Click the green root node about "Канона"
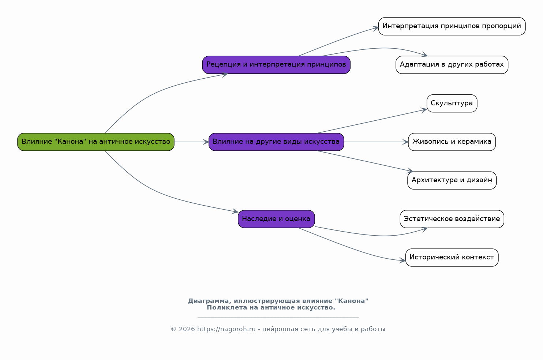pos(96,142)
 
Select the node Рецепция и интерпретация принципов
pos(276,65)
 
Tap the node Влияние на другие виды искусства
pos(276,142)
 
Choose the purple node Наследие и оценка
pos(276,219)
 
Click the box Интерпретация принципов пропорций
pos(452,26)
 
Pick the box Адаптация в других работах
pos(452,65)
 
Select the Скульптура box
pos(452,103)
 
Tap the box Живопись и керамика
pos(452,142)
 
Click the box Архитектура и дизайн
pos(452,180)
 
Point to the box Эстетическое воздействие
pos(452,219)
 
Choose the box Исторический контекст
pos(452,258)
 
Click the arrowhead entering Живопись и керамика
pos(405,142)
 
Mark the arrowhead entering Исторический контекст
pos(402,260)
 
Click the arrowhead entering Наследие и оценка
pos(235,211)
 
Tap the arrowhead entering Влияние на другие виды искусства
pos(206,142)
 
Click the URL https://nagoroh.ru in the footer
pos(226,329)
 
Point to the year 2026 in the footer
pos(187,329)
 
